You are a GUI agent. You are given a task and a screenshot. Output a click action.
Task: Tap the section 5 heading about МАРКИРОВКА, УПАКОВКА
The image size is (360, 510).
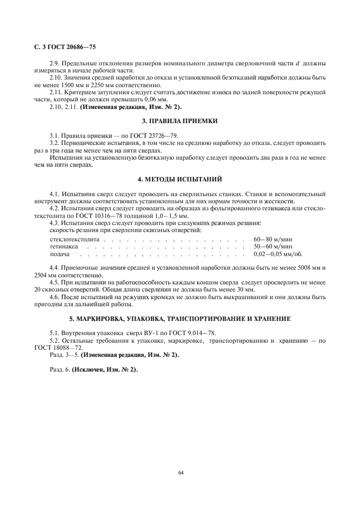pyautogui.click(x=180, y=318)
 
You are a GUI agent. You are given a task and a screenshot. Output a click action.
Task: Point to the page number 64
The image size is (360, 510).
pyautogui.click(x=180, y=472)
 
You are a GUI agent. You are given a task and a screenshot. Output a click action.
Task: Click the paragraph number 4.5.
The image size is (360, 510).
pyautogui.click(x=54, y=283)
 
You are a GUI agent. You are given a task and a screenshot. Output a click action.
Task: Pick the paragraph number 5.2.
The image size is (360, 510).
pyautogui.click(x=54, y=340)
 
